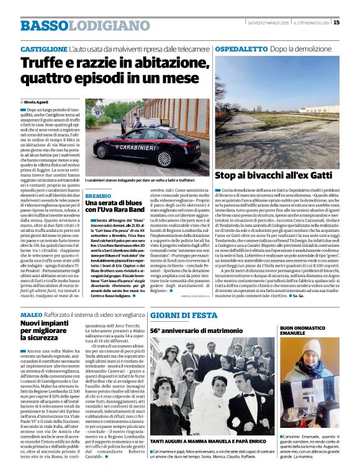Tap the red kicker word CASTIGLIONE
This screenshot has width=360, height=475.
[x=43, y=48]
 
